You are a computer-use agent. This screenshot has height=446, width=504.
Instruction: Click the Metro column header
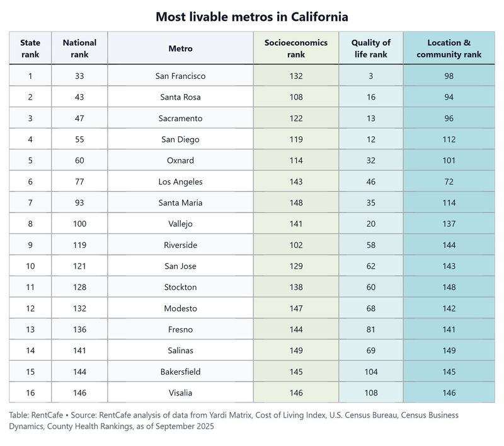[180, 49]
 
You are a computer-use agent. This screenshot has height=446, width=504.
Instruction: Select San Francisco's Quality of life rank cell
[370, 76]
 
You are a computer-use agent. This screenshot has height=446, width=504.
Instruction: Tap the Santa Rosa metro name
[180, 97]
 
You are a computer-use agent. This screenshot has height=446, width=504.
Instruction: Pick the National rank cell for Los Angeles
[79, 182]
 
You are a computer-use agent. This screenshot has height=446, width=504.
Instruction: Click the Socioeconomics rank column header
[295, 49]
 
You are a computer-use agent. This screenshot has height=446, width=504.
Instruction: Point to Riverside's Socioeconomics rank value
[295, 245]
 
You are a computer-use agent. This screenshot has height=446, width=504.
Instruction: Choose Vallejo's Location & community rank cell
[449, 224]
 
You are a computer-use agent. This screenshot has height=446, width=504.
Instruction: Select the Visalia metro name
[180, 393]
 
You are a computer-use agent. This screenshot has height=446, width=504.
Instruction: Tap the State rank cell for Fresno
[30, 329]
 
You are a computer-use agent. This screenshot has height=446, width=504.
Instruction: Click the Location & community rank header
[449, 49]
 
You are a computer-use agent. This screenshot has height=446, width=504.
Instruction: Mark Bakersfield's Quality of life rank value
[370, 372]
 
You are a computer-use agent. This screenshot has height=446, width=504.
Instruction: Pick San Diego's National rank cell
[79, 139]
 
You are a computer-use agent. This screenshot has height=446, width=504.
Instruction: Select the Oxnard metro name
[180, 161]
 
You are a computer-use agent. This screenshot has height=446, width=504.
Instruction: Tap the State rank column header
[30, 49]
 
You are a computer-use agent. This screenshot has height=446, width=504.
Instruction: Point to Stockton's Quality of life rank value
[370, 288]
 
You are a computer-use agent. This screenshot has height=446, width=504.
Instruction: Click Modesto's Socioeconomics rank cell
[295, 308]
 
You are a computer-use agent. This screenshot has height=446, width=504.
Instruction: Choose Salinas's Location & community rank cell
[449, 351]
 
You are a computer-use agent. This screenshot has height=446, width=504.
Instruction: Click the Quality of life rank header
[370, 49]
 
